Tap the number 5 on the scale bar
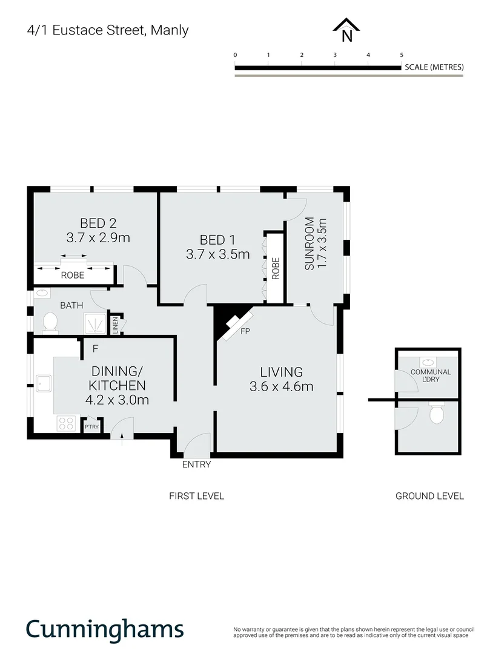click(402, 55)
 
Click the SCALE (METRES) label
click(434, 67)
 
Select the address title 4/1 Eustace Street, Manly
click(108, 30)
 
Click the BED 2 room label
click(98, 222)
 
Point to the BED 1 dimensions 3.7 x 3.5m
click(217, 255)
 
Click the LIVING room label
click(281, 372)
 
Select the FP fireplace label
click(245, 332)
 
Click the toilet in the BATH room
click(50, 322)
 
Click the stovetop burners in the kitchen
click(65, 423)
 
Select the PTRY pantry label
click(92, 426)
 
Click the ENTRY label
click(196, 464)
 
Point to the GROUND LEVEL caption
click(429, 496)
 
